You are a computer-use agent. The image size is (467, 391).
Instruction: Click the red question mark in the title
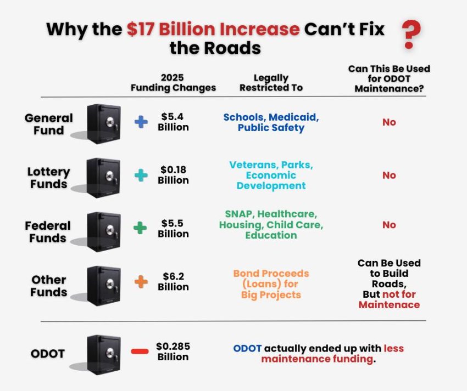tap(408, 35)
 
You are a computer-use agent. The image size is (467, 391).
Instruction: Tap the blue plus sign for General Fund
tap(141, 122)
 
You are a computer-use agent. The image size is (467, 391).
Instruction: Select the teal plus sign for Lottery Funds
tap(141, 175)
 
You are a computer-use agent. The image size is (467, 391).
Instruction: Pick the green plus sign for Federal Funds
tap(141, 228)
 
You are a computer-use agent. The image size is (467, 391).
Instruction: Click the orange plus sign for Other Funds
tap(141, 282)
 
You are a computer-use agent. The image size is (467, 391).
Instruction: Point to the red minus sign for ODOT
tap(140, 351)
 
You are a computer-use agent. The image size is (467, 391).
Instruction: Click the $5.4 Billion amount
tap(173, 122)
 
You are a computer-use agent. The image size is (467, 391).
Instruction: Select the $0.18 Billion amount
tap(173, 175)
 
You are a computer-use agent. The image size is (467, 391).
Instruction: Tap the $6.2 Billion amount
tap(173, 282)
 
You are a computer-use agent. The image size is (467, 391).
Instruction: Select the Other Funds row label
tap(48, 286)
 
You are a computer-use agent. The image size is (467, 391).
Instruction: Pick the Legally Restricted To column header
tap(271, 83)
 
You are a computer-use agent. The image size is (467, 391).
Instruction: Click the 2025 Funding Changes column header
tap(173, 83)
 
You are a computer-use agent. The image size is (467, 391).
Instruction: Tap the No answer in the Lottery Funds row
tap(389, 175)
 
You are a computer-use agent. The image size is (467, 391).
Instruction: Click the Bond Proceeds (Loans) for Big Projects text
tap(271, 284)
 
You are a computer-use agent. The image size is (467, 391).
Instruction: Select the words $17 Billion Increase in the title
tap(213, 29)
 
